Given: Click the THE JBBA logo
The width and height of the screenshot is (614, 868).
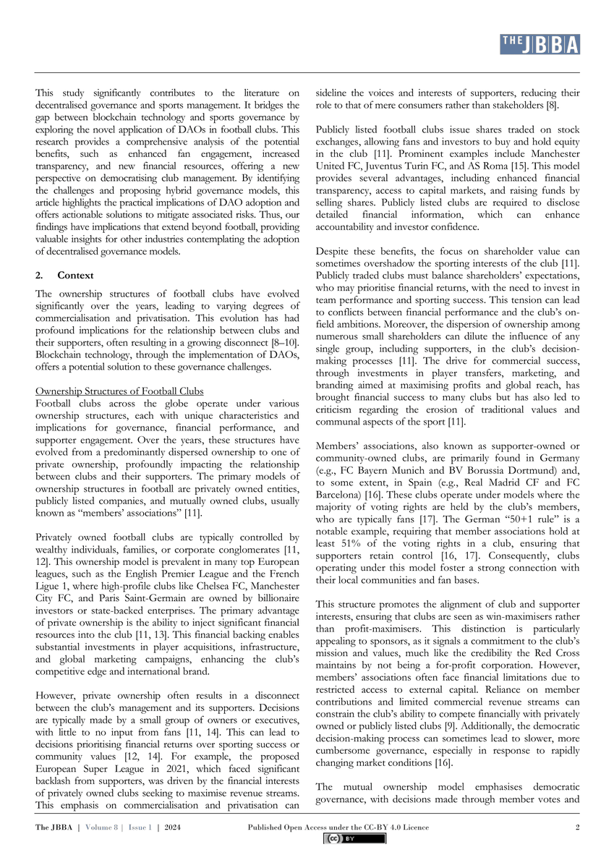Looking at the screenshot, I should click(x=540, y=45).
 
